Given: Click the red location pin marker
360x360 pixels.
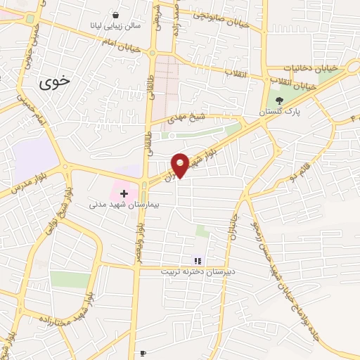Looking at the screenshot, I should click(x=181, y=164).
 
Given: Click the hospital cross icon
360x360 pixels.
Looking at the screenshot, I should click(x=124, y=193).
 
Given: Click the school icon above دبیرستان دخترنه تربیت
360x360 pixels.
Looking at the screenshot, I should click(x=198, y=261).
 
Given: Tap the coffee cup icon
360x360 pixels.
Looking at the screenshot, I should click(x=143, y=353).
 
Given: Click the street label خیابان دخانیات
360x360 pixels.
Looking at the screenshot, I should click(x=311, y=68).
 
